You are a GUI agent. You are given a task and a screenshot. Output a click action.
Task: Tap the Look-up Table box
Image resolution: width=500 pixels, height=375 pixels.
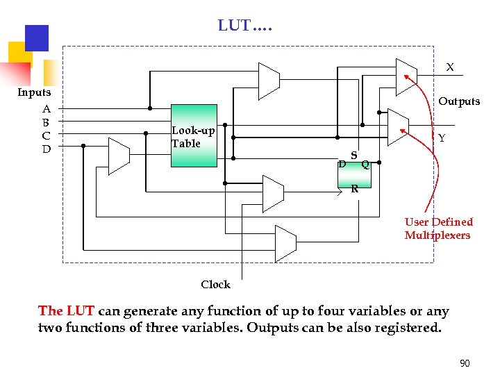coord(194,136)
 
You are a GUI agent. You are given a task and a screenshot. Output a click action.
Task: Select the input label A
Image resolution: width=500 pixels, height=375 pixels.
coord(47,108)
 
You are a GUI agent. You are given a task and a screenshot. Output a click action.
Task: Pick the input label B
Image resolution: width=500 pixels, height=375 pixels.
coord(47,122)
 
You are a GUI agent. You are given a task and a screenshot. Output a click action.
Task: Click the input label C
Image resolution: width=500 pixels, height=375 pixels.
coord(47,135)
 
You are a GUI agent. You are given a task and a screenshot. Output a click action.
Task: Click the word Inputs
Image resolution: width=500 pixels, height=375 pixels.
coord(34,92)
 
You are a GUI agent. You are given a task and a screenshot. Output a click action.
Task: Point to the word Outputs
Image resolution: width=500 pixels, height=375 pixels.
coord(458,101)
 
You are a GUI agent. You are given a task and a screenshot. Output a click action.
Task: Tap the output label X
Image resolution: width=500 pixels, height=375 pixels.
coord(450,67)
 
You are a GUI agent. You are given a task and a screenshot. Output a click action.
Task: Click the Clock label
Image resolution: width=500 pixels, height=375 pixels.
coord(215,285)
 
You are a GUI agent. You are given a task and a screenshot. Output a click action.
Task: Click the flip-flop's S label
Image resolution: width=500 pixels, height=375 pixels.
coord(354,155)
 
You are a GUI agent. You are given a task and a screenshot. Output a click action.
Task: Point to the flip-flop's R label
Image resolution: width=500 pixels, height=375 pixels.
coord(354,188)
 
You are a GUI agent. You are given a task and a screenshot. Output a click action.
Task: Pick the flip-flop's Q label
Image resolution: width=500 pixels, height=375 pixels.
coord(365,165)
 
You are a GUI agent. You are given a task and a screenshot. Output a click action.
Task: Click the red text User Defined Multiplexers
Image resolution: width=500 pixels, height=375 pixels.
coord(438,228)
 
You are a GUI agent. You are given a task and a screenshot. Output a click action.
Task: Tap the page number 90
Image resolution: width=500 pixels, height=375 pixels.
coord(465,363)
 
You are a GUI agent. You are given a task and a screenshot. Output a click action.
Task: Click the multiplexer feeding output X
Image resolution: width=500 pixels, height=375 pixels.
coord(406,76)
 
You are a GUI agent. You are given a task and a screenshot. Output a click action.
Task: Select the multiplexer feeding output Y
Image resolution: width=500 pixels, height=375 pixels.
coord(397,126)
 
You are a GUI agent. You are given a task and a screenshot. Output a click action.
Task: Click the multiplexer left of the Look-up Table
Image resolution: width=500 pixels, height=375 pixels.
coord(119,155)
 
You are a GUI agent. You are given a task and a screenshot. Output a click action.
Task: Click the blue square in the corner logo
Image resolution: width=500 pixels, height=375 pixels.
coord(36,37)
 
